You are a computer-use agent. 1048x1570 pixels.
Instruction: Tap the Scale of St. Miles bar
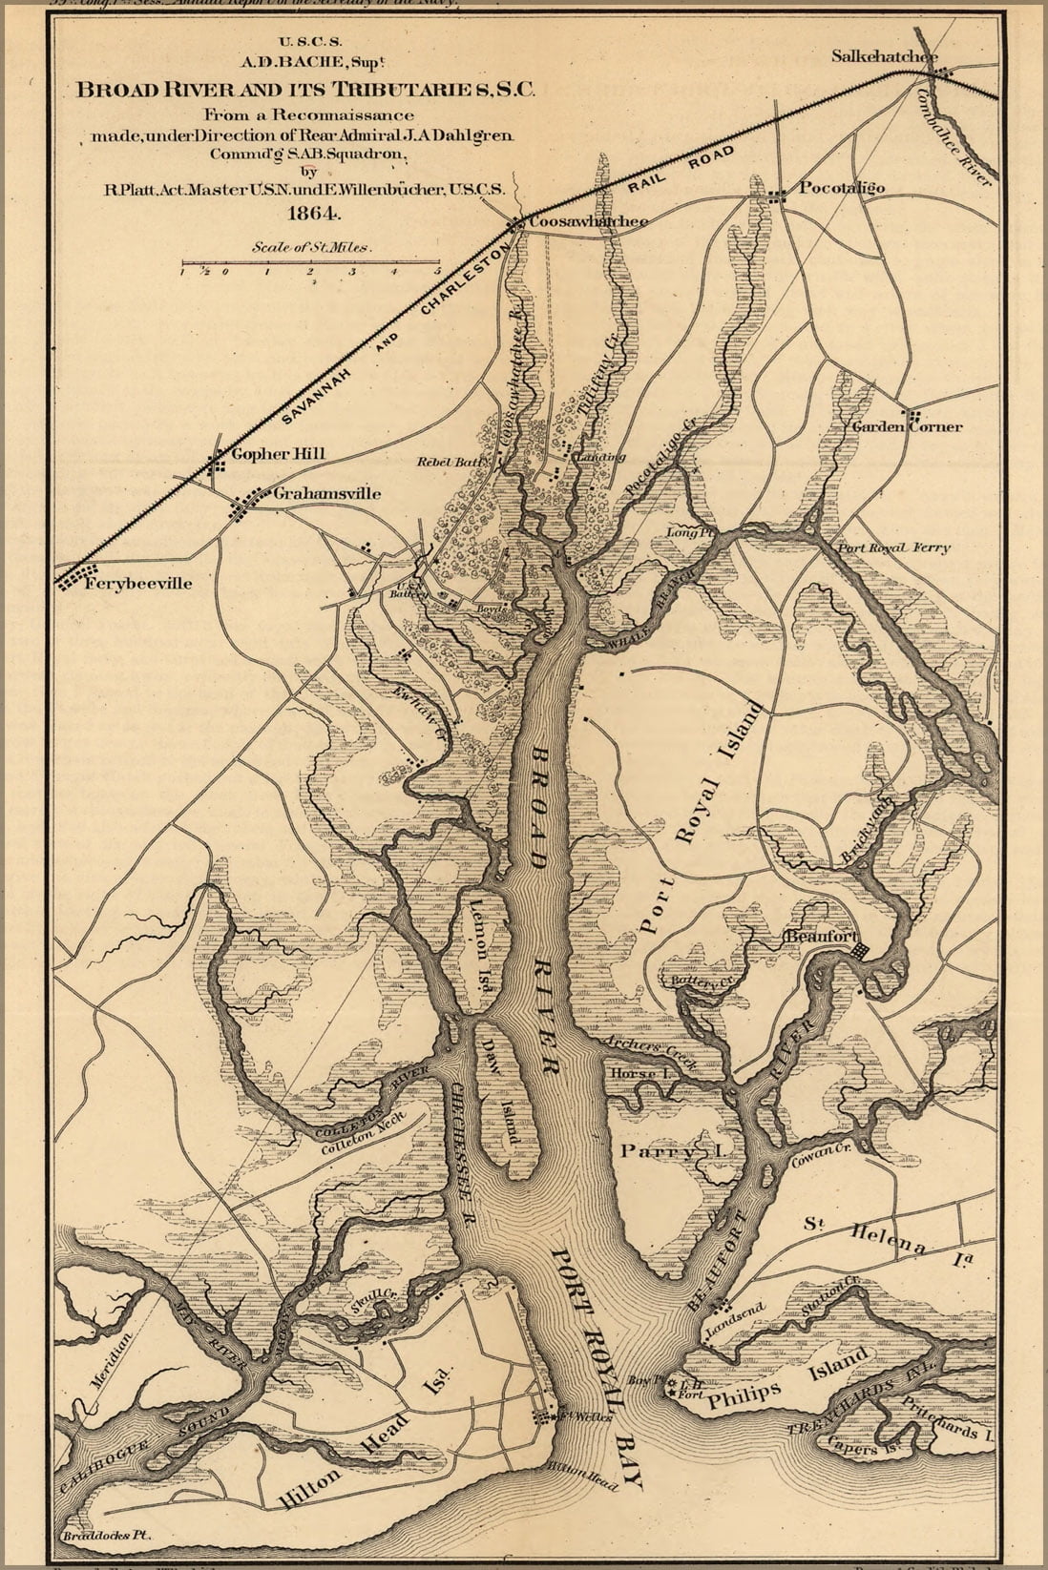point(311,262)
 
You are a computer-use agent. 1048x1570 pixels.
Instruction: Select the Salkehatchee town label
point(883,56)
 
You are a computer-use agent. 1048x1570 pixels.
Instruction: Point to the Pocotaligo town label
point(841,187)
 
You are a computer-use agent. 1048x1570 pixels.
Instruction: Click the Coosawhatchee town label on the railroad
point(588,221)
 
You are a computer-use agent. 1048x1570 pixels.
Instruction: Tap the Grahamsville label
point(326,493)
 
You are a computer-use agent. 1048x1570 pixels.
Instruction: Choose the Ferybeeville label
point(138,583)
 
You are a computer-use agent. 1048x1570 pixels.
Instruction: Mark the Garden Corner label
point(907,426)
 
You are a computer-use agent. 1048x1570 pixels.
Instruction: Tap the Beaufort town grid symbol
point(860,951)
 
